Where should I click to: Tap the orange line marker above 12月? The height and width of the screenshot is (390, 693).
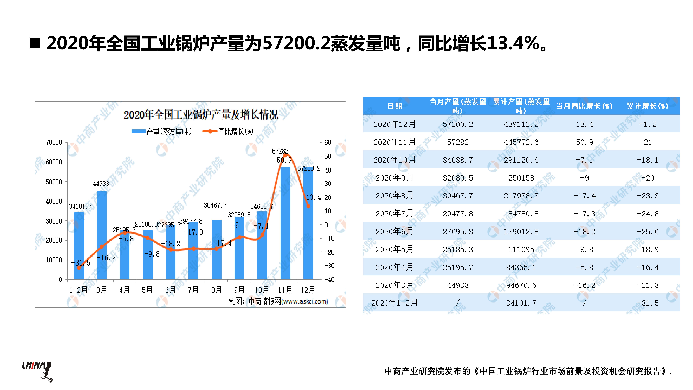[308, 206]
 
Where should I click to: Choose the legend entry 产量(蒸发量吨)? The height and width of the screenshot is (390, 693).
[161, 131]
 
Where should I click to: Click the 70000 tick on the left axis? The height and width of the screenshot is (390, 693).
[54, 142]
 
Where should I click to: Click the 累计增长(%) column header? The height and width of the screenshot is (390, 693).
[648, 106]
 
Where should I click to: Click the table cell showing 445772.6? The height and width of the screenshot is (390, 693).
[521, 142]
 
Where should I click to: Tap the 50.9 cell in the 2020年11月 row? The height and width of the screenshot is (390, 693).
[584, 142]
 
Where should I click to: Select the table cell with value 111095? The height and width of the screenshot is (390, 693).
[521, 249]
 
